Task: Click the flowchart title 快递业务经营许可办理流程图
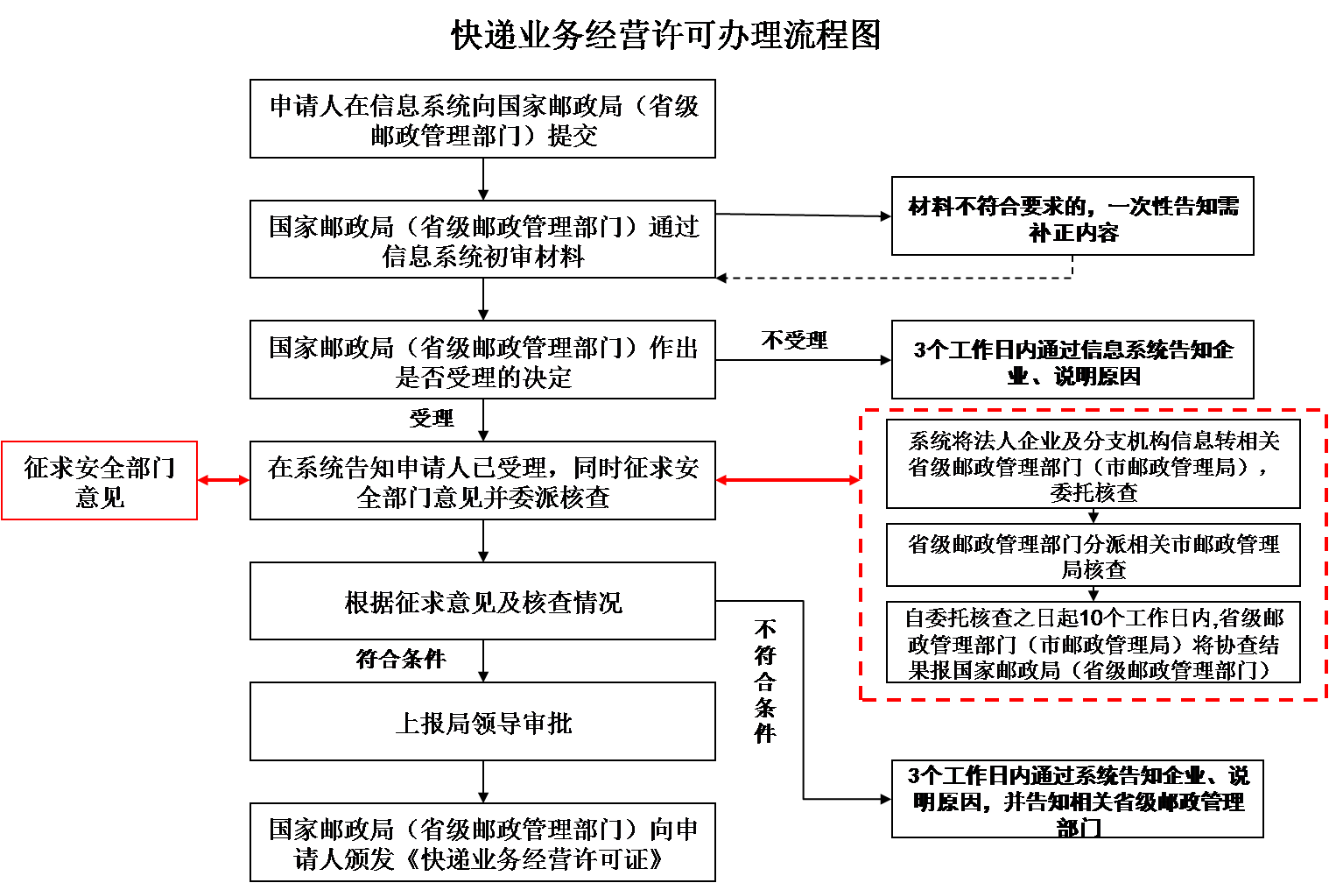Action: tap(665, 34)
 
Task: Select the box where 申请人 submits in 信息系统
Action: tap(482, 119)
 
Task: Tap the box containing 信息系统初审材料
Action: tap(482, 239)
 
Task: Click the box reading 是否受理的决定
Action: tap(482, 360)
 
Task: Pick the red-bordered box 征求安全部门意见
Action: tap(99, 480)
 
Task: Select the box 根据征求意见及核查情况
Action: tap(482, 601)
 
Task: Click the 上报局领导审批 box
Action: tap(482, 722)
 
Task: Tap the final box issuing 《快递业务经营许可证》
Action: tap(482, 842)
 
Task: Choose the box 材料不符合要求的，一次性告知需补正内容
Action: tap(1072, 216)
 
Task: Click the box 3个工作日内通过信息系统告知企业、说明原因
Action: tap(1072, 360)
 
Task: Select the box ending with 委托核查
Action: tap(1093, 463)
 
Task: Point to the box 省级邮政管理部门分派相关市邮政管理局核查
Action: tap(1093, 555)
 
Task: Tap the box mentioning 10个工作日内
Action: tap(1093, 642)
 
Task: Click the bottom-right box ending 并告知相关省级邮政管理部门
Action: tap(1078, 799)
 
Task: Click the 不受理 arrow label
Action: tap(794, 340)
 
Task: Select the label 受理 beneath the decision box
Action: tap(432, 418)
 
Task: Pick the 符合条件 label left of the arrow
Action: tap(401, 659)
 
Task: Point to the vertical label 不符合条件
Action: tap(765, 682)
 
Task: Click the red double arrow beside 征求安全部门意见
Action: tap(223, 480)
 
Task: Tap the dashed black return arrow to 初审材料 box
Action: tap(895, 278)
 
